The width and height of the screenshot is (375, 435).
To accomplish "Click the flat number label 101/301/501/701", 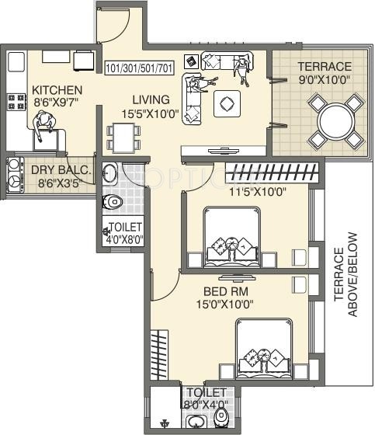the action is click(x=140, y=68).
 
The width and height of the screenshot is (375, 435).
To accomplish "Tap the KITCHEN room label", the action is click(x=57, y=90).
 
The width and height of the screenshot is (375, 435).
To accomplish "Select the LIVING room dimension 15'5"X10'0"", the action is click(x=150, y=113).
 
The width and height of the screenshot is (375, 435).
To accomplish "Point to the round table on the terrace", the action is click(x=337, y=120).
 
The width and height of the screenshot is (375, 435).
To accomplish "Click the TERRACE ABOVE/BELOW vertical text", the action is click(x=345, y=274).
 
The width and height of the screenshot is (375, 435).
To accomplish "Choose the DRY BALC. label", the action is click(x=61, y=170).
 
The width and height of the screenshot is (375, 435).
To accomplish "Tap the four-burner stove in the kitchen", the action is click(x=17, y=102).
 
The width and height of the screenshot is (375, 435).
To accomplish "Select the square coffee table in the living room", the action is click(x=227, y=104).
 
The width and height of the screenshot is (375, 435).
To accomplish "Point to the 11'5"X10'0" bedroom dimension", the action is click(x=258, y=192).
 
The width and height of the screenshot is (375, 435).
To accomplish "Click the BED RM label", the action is click(x=226, y=291).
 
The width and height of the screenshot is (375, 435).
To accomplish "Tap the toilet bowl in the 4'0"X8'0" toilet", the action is click(x=112, y=202).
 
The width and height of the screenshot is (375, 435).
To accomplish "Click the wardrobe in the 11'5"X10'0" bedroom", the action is click(x=272, y=172).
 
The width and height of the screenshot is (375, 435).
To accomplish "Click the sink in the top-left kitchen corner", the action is click(x=16, y=62).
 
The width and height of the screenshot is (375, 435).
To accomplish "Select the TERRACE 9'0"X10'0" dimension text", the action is click(x=324, y=80).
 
